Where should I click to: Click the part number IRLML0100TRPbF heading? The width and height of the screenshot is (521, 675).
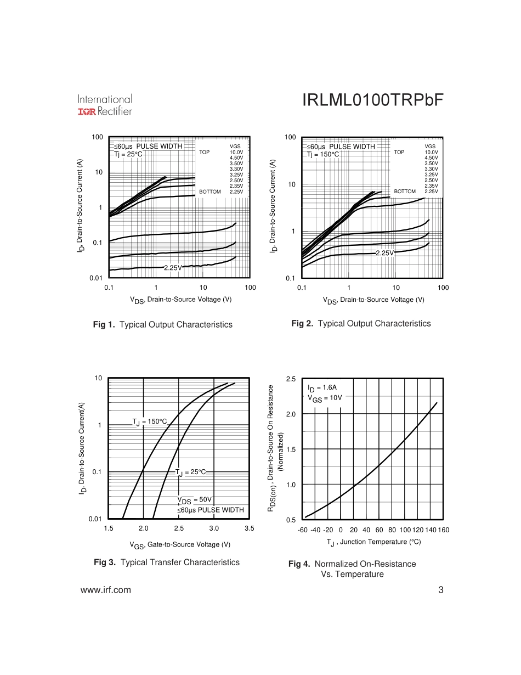pos(372,100)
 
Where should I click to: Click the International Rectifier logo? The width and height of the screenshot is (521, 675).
pos(105,105)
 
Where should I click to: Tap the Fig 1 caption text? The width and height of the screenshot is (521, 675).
pos(163,325)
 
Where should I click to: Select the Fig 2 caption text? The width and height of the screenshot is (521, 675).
pos(361,324)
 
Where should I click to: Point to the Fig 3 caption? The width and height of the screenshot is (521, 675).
pos(167,562)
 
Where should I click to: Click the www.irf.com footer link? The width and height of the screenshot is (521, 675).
pos(106,590)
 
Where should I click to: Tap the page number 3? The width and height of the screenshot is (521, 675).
pos(440,590)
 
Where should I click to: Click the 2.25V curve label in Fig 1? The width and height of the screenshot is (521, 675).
pos(173,268)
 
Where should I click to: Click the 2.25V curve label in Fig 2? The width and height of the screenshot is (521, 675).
pos(384,253)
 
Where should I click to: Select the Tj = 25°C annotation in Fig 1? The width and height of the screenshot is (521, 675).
pos(128,154)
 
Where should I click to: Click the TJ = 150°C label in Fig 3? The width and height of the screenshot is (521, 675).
pos(149,421)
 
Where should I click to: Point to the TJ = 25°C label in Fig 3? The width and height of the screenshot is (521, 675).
pos(191,473)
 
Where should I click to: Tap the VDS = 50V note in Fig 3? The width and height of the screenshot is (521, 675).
pos(194,500)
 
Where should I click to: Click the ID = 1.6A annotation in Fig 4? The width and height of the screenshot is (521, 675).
pos(322,388)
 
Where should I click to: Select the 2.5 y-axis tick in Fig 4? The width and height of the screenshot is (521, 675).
pos(291,379)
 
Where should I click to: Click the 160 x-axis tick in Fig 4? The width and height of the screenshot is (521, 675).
pos(444,530)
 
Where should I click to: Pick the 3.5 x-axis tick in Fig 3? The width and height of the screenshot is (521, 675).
pos(250,528)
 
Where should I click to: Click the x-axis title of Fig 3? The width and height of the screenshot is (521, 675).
pos(180,545)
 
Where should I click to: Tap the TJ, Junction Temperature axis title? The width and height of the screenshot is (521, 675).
pos(373,542)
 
